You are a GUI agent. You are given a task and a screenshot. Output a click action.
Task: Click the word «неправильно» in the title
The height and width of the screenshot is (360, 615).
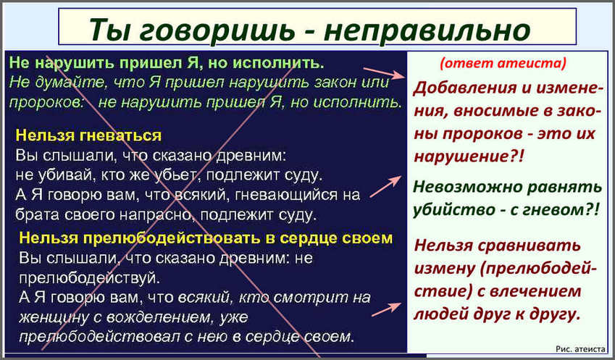427,30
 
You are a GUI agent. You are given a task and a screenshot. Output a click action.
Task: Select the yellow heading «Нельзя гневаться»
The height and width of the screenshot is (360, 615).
88,135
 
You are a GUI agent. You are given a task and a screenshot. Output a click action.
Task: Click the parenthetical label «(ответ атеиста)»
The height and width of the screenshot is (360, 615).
503,63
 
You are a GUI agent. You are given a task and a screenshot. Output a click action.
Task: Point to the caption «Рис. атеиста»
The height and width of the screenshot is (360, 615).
580,348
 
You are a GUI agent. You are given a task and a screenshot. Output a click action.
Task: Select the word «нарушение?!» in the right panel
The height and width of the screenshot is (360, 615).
469,156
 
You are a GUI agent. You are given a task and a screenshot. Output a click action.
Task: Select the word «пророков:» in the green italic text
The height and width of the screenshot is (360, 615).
46,103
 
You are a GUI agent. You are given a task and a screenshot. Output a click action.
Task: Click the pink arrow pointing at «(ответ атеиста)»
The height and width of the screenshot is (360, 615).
384,73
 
